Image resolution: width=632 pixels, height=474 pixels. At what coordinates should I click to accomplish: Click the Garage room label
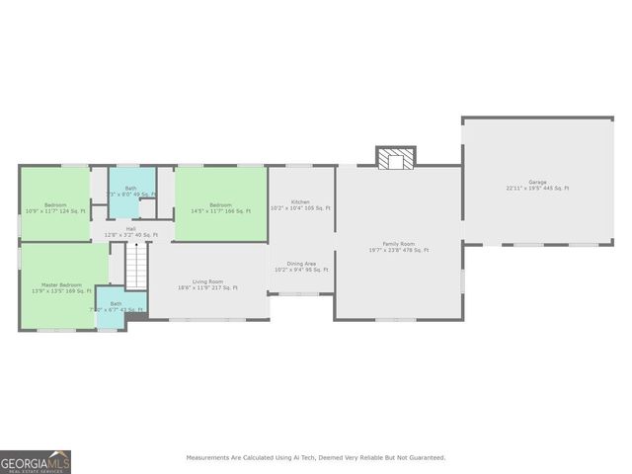coord(537,182)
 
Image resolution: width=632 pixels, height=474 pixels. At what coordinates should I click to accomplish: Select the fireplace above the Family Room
coord(395,157)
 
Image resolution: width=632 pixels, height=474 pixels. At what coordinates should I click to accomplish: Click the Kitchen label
coord(300,202)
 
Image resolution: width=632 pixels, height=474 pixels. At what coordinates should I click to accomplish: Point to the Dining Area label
coord(301,264)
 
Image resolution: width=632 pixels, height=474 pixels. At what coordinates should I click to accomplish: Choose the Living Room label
coord(207,281)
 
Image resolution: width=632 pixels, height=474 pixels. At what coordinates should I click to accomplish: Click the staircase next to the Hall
coord(135,266)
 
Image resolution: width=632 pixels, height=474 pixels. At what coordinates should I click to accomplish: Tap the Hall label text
coord(130,228)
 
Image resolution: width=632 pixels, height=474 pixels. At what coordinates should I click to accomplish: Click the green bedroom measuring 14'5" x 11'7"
coord(220,202)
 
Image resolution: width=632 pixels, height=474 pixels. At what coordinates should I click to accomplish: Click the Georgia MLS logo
coord(36,462)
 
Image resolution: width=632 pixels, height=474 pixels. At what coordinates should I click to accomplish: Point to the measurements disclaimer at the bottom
coord(316,457)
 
